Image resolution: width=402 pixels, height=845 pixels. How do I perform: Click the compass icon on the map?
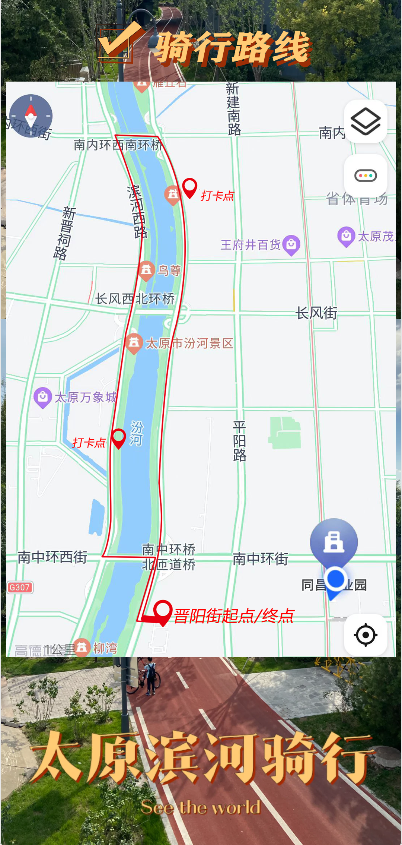click(31, 116)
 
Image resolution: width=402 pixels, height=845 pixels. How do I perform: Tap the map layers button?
click(366, 121)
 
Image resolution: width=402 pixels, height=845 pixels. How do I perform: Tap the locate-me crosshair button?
click(366, 634)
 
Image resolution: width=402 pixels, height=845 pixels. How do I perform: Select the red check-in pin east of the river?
click(190, 187)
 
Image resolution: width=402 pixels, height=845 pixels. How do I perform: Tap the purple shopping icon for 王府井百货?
click(291, 245)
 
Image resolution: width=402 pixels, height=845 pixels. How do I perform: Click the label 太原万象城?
click(86, 397)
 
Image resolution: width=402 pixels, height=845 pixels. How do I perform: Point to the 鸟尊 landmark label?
click(169, 270)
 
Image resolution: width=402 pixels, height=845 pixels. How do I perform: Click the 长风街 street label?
click(316, 313)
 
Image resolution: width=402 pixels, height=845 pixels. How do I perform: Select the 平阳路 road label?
click(239, 441)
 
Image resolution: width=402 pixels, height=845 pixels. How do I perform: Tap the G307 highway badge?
click(20, 588)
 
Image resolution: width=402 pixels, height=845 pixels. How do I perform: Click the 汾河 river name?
click(136, 433)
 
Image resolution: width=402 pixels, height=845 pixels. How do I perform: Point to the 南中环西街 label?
click(52, 557)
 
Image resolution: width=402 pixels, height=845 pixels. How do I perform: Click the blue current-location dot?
click(335, 579)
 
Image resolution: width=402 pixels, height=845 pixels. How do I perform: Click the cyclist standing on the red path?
click(150, 676)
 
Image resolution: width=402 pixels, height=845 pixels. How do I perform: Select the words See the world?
click(201, 808)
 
